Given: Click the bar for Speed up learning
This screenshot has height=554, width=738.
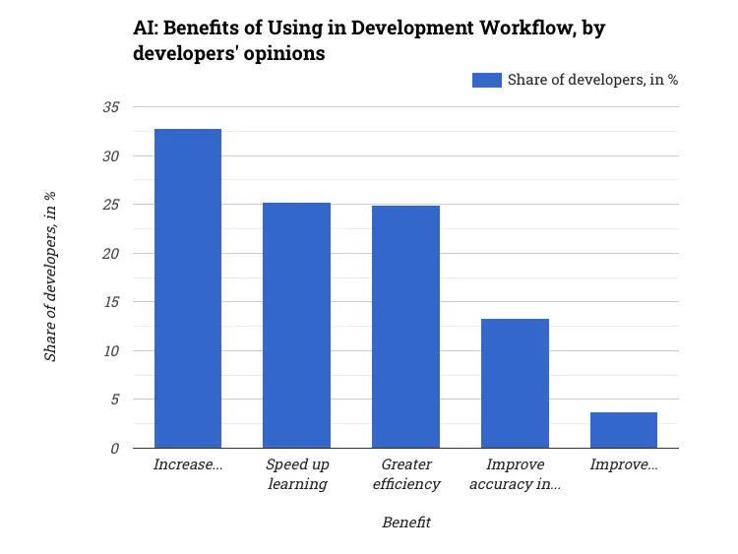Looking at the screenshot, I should (x=296, y=325).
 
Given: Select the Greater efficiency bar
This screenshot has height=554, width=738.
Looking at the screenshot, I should (x=405, y=327).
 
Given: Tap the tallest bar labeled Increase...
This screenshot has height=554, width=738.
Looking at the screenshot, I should (x=187, y=288).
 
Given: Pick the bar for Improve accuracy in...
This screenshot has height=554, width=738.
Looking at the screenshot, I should (x=515, y=383).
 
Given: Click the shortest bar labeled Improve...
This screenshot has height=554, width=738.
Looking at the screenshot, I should (x=623, y=430).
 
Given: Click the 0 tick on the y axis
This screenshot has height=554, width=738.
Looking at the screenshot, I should (x=114, y=448).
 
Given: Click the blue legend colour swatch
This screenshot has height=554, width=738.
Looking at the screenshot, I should (x=487, y=80).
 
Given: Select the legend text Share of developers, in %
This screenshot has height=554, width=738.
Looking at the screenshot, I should (x=592, y=80).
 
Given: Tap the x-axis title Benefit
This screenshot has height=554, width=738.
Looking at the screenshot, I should (x=405, y=523).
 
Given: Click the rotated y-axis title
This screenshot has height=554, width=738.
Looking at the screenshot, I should (x=50, y=277).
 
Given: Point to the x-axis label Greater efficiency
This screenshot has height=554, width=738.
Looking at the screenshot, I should (x=405, y=473).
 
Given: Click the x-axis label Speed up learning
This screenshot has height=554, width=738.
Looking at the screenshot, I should (x=296, y=473).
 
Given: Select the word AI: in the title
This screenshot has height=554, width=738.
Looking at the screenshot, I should (x=146, y=30).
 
